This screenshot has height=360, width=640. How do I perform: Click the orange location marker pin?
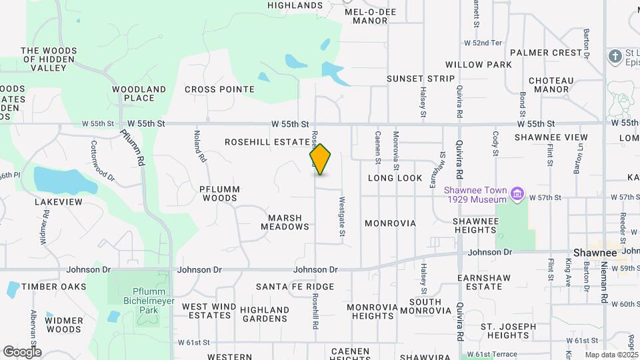[x=321, y=159]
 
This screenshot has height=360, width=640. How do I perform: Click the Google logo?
[x=22, y=351]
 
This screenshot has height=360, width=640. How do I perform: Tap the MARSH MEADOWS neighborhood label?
[x=285, y=223]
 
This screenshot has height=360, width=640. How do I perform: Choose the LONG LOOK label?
[x=395, y=179]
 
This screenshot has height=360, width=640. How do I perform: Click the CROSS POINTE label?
[x=219, y=89]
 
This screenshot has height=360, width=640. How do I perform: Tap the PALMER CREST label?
[x=546, y=53]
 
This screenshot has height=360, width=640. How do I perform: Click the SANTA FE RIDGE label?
[x=295, y=287]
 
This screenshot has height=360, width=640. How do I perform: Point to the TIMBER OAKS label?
[x=53, y=287]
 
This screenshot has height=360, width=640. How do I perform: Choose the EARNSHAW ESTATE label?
[x=480, y=282]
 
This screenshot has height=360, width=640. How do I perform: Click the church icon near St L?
[x=615, y=55]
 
